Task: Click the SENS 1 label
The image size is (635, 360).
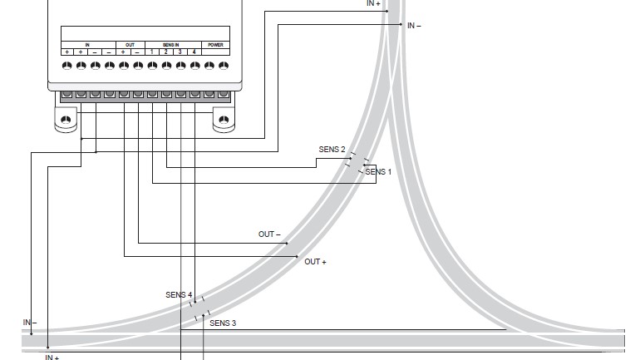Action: click(378, 172)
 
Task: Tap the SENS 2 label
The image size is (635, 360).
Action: click(332, 150)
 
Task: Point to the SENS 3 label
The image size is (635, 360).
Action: click(223, 323)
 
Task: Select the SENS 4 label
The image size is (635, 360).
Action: click(179, 295)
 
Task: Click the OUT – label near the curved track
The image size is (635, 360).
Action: click(269, 234)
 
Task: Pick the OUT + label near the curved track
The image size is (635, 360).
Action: click(315, 262)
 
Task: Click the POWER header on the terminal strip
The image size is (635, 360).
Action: click(215, 45)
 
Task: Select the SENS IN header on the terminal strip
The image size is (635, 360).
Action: click(171, 45)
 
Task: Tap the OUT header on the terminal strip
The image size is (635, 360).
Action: click(130, 45)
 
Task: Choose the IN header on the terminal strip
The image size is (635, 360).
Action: click(87, 45)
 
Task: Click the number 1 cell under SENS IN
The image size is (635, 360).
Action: click(152, 52)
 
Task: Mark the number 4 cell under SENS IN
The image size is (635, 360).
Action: click(194, 52)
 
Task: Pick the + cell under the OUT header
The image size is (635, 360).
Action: click(123, 52)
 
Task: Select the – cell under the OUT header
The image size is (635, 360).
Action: click(138, 52)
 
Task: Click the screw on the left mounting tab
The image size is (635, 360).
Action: click(66, 120)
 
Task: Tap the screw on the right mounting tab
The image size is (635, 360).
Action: click(224, 120)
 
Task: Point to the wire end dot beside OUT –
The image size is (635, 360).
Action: click(287, 244)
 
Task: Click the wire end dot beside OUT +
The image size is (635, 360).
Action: click(297, 256)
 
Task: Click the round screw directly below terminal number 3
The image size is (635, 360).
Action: click(180, 65)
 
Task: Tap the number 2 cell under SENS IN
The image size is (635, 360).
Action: click(166, 52)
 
